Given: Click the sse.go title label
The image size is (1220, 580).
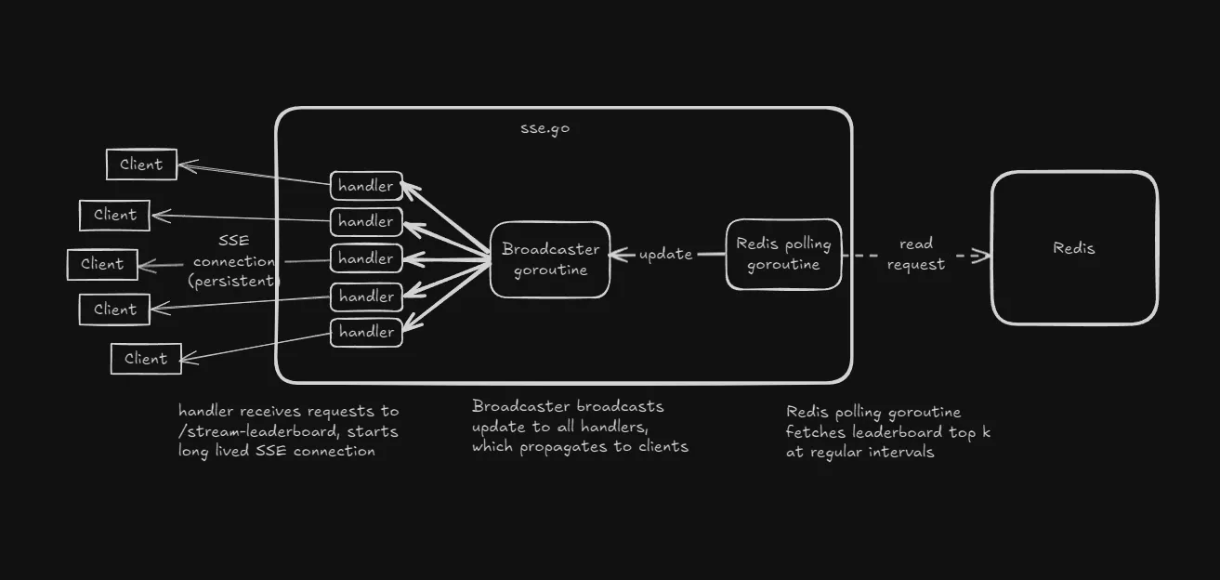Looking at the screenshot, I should click(x=544, y=128).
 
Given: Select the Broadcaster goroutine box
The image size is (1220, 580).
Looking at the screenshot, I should click(x=550, y=259).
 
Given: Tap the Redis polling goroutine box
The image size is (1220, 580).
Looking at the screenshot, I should click(x=783, y=254).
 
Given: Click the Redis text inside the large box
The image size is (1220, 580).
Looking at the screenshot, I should click(x=1073, y=248).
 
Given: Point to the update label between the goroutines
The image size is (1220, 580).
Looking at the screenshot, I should click(x=665, y=254).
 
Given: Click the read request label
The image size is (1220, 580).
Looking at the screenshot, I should click(x=915, y=254).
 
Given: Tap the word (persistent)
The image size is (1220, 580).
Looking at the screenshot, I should click(x=234, y=281).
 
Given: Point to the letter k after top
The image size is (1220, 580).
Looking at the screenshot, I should click(x=986, y=432).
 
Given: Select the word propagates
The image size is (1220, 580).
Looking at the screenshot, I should click(x=562, y=446).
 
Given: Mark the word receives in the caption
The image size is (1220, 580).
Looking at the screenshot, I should click(x=272, y=411).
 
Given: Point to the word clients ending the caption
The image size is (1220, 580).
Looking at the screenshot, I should click(x=661, y=446).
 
